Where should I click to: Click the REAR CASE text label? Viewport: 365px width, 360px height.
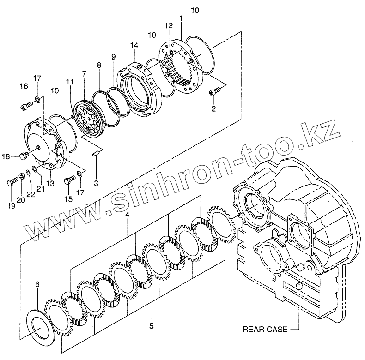[x=265, y=329]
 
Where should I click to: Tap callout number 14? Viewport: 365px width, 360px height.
[x=134, y=45]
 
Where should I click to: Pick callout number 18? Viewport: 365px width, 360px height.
[x=6, y=157]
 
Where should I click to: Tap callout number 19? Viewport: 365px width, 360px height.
[x=10, y=193]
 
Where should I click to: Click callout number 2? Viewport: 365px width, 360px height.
[x=213, y=109]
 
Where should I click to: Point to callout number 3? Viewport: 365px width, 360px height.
[x=96, y=184]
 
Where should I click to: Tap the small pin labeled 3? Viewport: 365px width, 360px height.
[x=96, y=155]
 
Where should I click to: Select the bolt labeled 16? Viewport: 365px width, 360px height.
[x=24, y=107]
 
